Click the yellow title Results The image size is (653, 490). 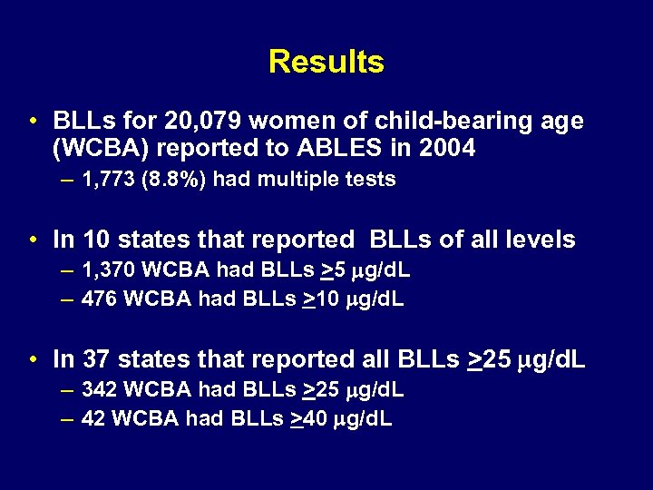coord(326,62)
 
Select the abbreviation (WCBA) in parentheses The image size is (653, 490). coord(97,148)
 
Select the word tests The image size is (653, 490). coord(372,180)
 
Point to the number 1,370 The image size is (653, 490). coord(106,270)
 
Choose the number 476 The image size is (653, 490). coord(97,299)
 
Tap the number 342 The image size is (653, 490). coord(97,390)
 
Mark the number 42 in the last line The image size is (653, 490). coord(92,419)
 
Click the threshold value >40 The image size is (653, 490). coord(307,419)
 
